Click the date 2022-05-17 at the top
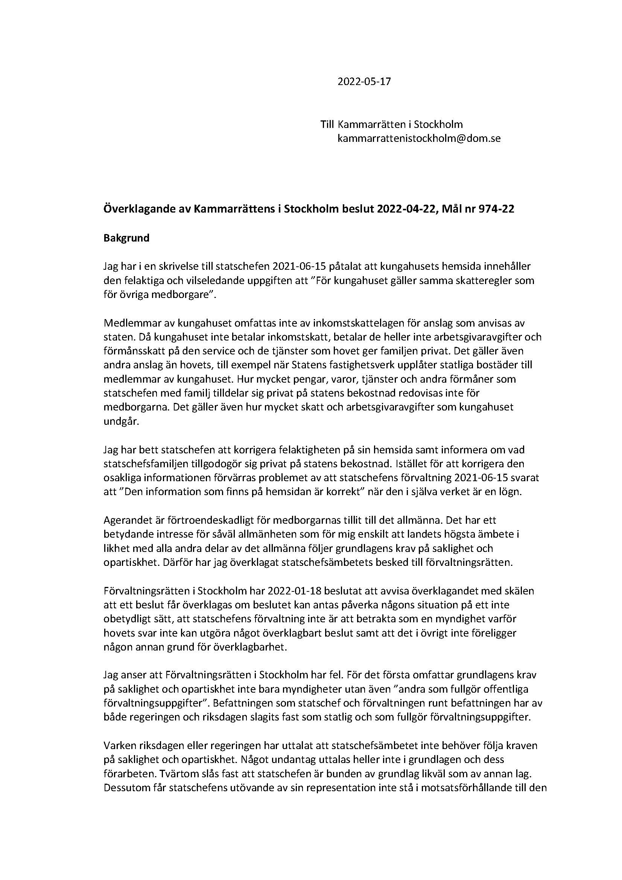tap(364, 82)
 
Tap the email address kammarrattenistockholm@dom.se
tap(419, 138)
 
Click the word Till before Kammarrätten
tap(327, 125)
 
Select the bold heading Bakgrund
tap(126, 238)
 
